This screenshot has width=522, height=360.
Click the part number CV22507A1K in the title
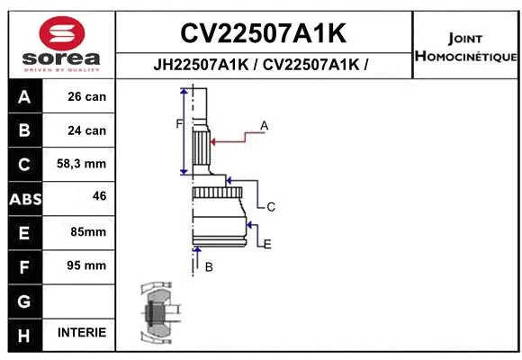click(x=264, y=33)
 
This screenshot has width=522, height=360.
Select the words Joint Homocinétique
click(x=465, y=48)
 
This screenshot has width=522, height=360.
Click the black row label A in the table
click(x=24, y=96)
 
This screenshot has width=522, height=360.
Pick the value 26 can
click(x=86, y=96)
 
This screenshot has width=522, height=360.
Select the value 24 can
click(x=86, y=130)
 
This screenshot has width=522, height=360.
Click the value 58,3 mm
click(x=81, y=164)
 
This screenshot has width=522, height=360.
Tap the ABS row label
click(x=24, y=198)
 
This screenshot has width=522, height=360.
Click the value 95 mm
click(x=87, y=265)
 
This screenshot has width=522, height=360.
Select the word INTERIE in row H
click(x=81, y=332)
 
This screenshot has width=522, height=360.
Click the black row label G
click(x=24, y=300)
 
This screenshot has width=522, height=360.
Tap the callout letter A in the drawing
click(x=265, y=125)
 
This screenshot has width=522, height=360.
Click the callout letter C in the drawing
click(x=270, y=207)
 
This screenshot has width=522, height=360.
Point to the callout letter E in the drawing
click(x=267, y=244)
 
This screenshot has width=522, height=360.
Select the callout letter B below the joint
click(x=209, y=267)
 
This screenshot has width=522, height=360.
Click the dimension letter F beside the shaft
click(x=178, y=124)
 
